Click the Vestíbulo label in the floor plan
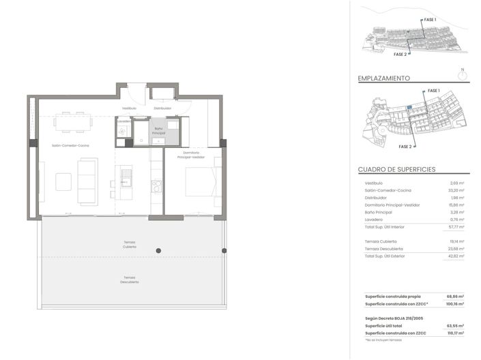pyautogui.click(x=130, y=108)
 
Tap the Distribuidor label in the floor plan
pyautogui.click(x=162, y=108)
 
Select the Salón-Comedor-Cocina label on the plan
pyautogui.click(x=71, y=145)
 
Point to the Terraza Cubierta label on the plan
pyautogui.click(x=130, y=245)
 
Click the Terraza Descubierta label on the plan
pyautogui.click(x=130, y=280)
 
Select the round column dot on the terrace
pyautogui.click(x=158, y=251)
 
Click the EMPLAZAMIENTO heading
pyautogui.click(x=384, y=78)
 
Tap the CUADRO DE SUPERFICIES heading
pyautogui.click(x=396, y=170)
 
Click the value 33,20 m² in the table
pyautogui.click(x=456, y=190)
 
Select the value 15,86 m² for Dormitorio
pyautogui.click(x=456, y=205)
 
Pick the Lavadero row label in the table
pyautogui.click(x=375, y=220)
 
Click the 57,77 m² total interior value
pyautogui.click(x=456, y=226)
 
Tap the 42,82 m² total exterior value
pyautogui.click(x=456, y=256)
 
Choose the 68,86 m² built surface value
pyautogui.click(x=455, y=297)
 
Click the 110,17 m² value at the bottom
pyautogui.click(x=455, y=333)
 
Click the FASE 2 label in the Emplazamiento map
pyautogui.click(x=405, y=147)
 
